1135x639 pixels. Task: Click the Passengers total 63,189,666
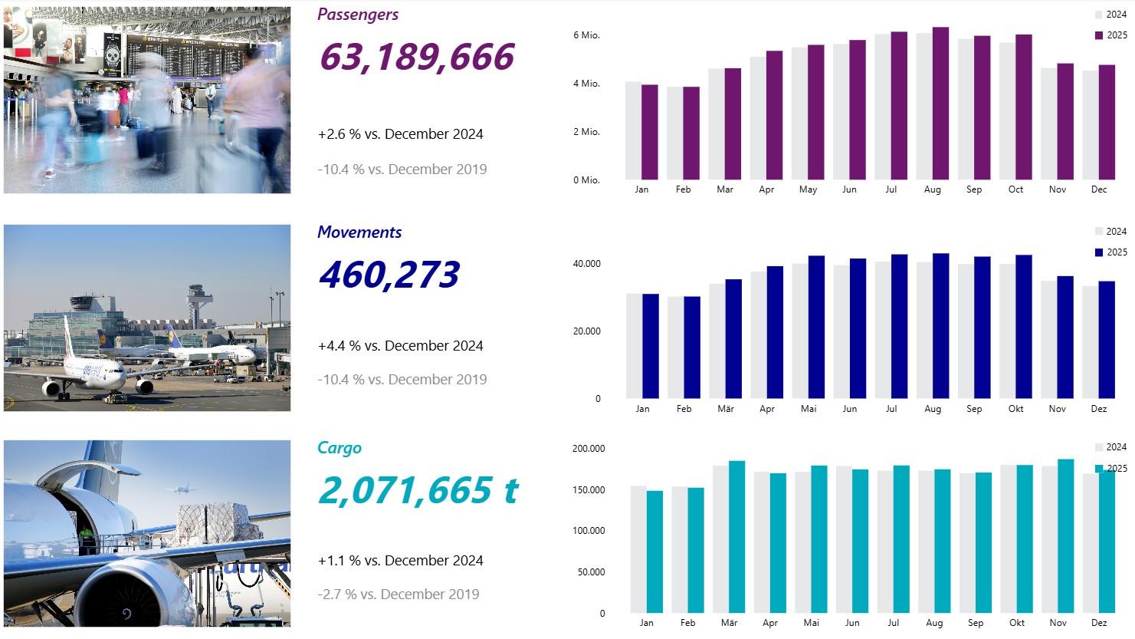pos(416,58)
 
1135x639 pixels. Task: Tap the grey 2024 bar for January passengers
pos(633,130)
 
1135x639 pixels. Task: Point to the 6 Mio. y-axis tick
pos(586,35)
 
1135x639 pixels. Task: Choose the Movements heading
pos(359,232)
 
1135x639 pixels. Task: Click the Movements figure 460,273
pos(389,275)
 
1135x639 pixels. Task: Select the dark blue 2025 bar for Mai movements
pos(816,327)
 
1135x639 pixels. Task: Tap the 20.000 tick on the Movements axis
pos(587,331)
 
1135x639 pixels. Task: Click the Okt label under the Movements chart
pos(1015,409)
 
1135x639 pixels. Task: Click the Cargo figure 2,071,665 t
pos(418,490)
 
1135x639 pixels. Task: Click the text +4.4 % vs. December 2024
pos(400,346)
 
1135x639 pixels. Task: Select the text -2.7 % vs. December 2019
pos(398,594)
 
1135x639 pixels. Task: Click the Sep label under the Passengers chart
pos(973,189)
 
